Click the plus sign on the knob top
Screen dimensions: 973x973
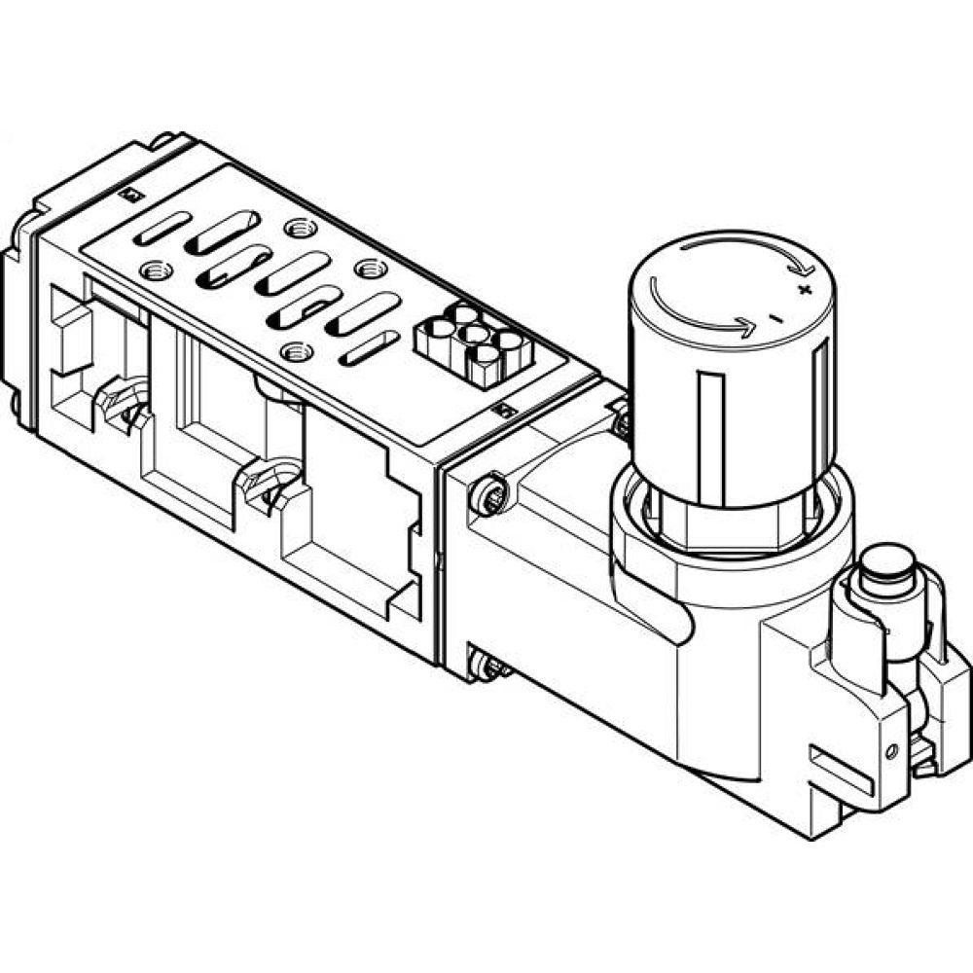pyautogui.click(x=803, y=289)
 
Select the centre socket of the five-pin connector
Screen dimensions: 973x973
pyautogui.click(x=474, y=335)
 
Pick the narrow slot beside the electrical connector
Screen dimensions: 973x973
pyautogui.click(x=369, y=347)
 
